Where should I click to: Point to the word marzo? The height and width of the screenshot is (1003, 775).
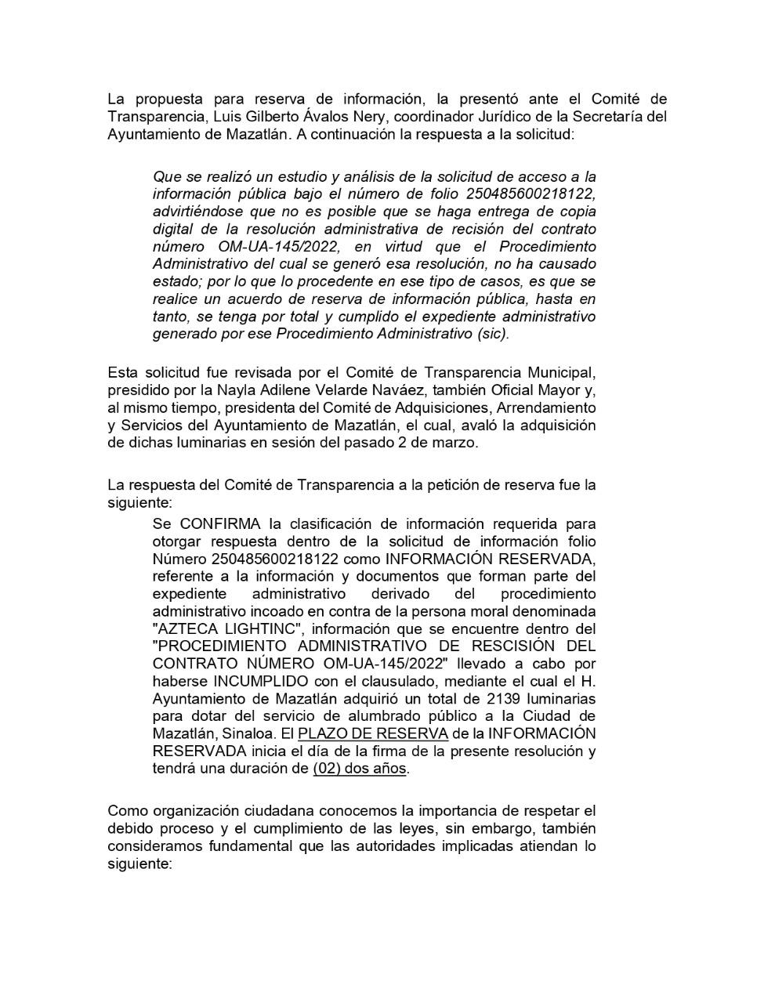458,443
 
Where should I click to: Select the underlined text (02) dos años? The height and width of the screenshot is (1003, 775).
360,769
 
